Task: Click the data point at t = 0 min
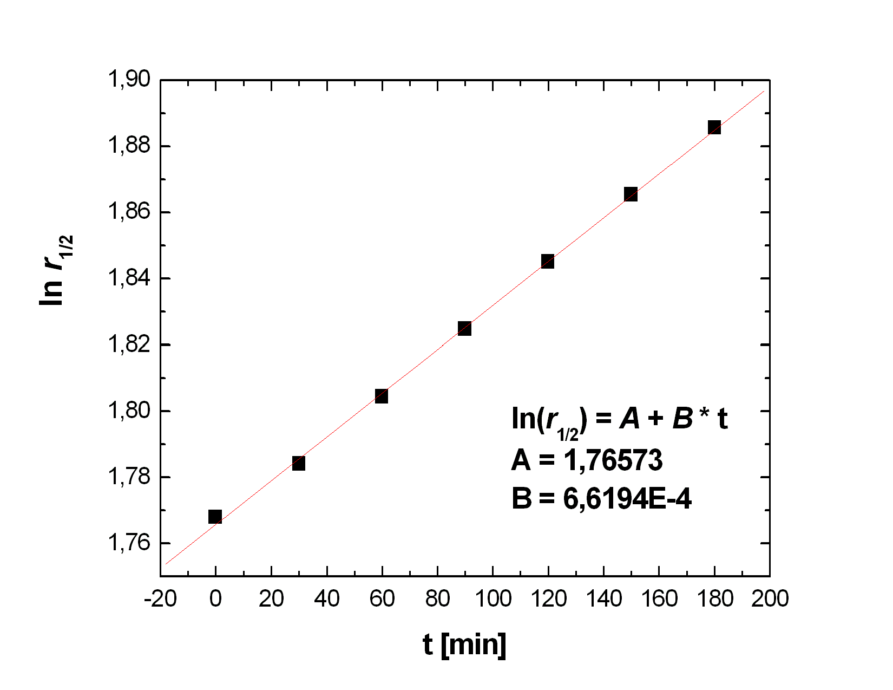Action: pyautogui.click(x=215, y=517)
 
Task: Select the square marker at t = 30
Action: pyautogui.click(x=298, y=463)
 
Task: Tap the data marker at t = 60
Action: pyautogui.click(x=382, y=396)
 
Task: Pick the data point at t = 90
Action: pyautogui.click(x=464, y=329)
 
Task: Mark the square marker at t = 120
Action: pyautogui.click(x=548, y=262)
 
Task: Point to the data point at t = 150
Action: pyautogui.click(x=631, y=194)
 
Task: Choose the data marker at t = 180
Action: pyautogui.click(x=714, y=128)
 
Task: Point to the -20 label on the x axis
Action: pyautogui.click(x=161, y=599)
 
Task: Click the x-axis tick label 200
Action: pyautogui.click(x=769, y=599)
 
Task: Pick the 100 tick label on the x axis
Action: pyautogui.click(x=493, y=599)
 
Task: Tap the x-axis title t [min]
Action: pyautogui.click(x=464, y=645)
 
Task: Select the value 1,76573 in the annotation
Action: pyautogui.click(x=613, y=460)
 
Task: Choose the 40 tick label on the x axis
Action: pyautogui.click(x=326, y=599)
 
